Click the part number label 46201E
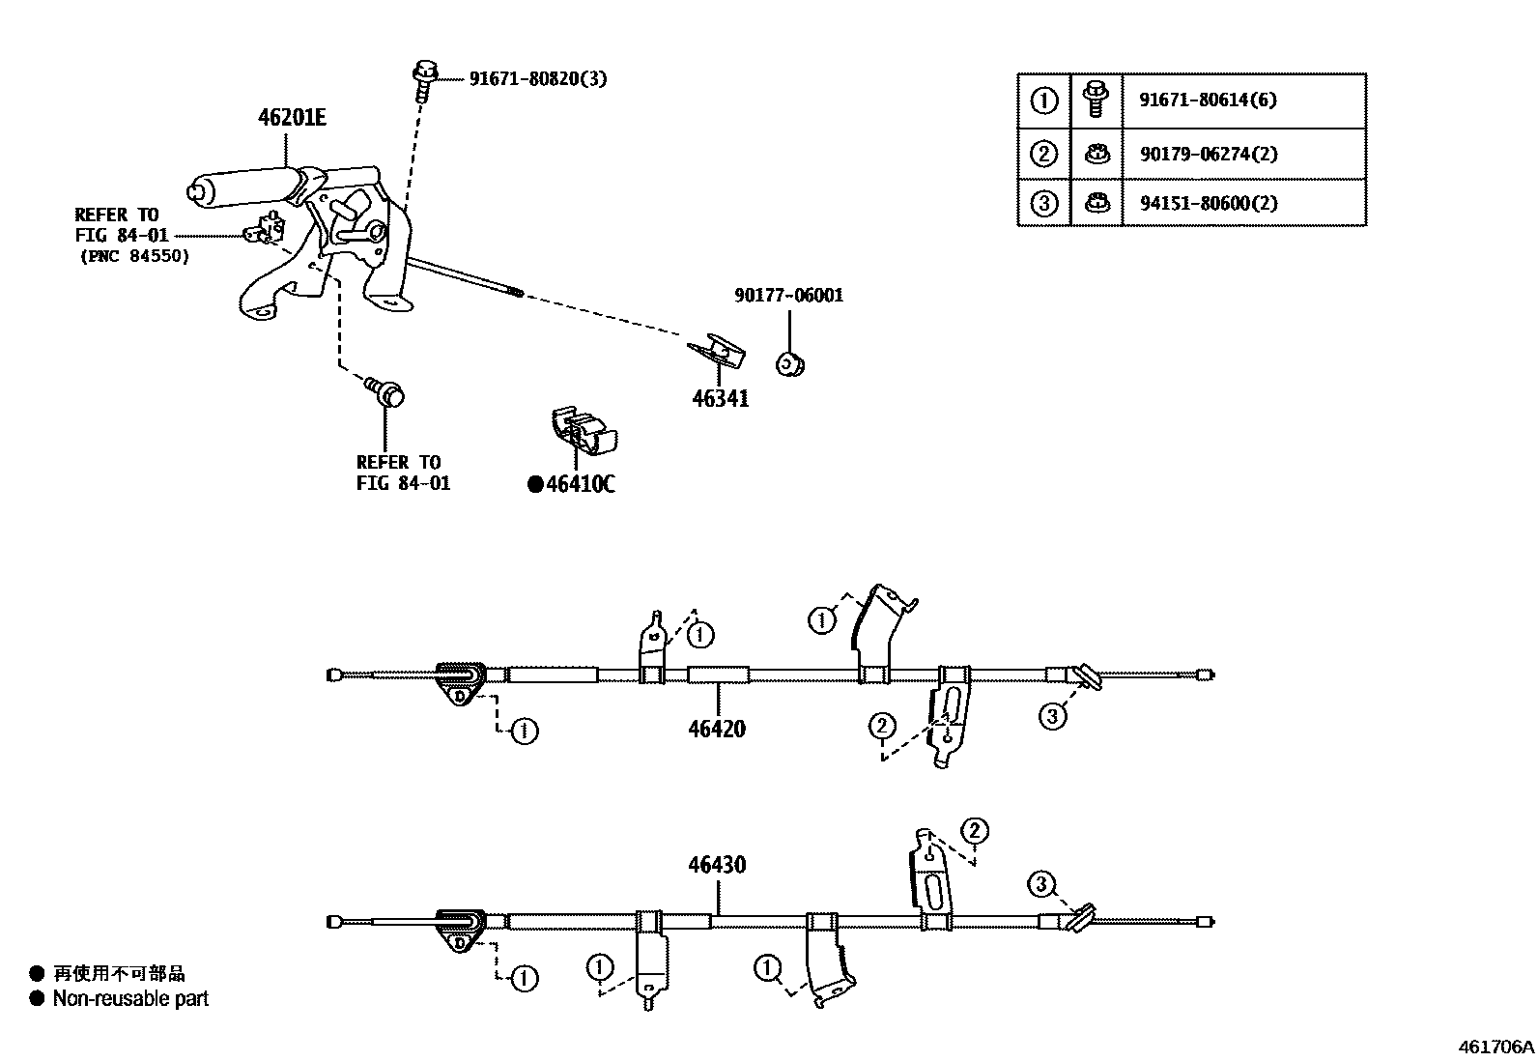click(x=292, y=118)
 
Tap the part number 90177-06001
click(x=788, y=296)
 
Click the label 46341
click(x=721, y=398)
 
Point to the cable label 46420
click(x=717, y=729)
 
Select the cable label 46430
click(x=717, y=865)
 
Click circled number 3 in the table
click(x=1044, y=203)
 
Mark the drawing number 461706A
click(x=1495, y=1047)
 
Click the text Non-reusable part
click(x=130, y=999)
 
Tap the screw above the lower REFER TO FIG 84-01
click(x=386, y=392)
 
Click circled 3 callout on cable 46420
click(x=1052, y=716)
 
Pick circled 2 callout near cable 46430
click(x=975, y=831)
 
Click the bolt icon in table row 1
click(x=1096, y=100)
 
